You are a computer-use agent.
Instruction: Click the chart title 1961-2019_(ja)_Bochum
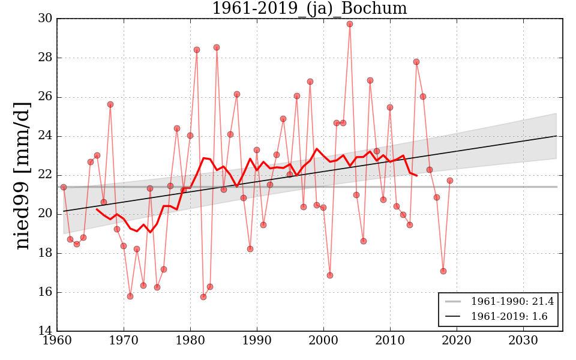pyautogui.click(x=309, y=9)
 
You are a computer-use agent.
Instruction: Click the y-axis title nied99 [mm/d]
pyautogui.click(x=22, y=175)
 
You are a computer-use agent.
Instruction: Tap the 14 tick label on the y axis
pyautogui.click(x=45, y=331)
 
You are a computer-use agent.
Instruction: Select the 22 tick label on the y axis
pyautogui.click(x=45, y=175)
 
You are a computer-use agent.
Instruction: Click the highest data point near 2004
pyautogui.click(x=350, y=24)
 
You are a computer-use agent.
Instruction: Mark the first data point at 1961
pyautogui.click(x=64, y=187)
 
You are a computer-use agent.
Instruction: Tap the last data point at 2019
pyautogui.click(x=450, y=181)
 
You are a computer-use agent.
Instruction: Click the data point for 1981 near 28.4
pyautogui.click(x=197, y=50)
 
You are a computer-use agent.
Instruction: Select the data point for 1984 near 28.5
pyautogui.click(x=217, y=47)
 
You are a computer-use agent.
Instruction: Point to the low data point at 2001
pyautogui.click(x=330, y=275)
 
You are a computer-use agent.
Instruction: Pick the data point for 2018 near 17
pyautogui.click(x=443, y=271)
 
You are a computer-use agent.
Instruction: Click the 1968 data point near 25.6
pyautogui.click(x=110, y=104)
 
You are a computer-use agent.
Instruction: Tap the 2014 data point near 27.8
pyautogui.click(x=416, y=62)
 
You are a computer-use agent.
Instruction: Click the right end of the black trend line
pyautogui.click(x=556, y=136)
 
